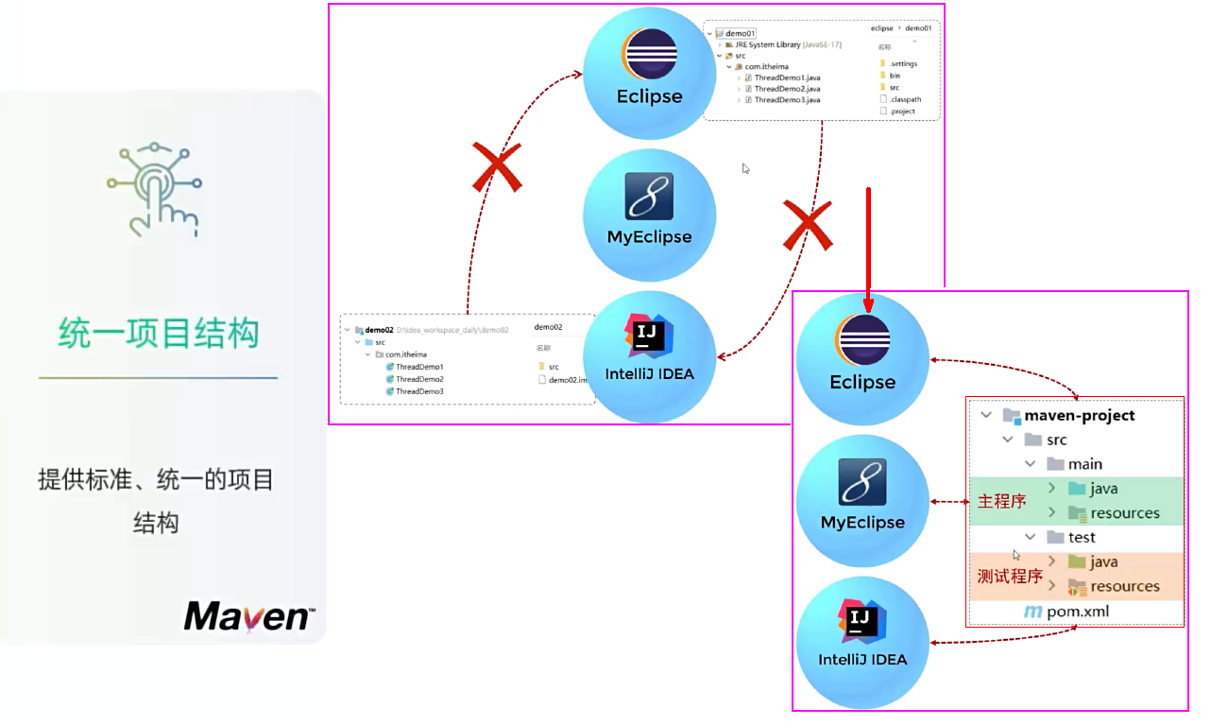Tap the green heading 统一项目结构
pos(158,334)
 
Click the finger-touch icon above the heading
pos(153,190)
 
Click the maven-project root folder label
pos(1079,415)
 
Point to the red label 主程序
pos(1001,501)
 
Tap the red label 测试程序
pos(1009,576)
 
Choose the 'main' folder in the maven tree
pos(1084,464)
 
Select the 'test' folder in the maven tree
pos(1081,537)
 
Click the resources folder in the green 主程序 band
pos(1124,513)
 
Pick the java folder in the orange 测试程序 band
pos(1102,561)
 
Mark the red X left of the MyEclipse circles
pos(497,169)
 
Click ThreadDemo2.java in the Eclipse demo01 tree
pos(787,89)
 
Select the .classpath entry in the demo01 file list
pos(904,99)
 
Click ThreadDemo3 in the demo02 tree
pos(419,391)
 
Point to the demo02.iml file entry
pos(567,379)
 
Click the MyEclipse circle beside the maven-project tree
pos(862,500)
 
